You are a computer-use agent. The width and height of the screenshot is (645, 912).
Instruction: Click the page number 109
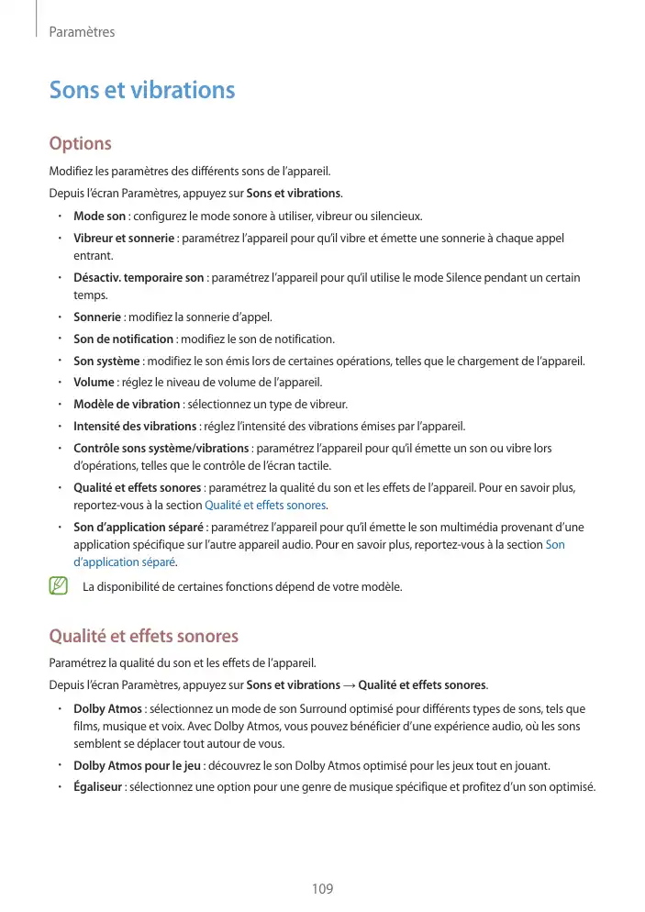(322, 889)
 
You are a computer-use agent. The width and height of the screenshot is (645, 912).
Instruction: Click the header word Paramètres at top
(82, 32)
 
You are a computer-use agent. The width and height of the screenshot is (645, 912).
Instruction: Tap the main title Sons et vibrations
(142, 90)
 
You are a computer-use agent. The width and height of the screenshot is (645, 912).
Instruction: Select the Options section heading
(81, 144)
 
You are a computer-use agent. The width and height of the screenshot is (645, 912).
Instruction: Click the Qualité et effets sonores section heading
(143, 636)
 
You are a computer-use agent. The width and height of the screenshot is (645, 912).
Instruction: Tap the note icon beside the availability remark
(60, 585)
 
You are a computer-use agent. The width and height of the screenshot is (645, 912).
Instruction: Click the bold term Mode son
(99, 217)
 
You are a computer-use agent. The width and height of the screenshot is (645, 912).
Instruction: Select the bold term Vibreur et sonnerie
(124, 239)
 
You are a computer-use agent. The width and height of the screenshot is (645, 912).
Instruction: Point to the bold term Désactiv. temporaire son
(139, 277)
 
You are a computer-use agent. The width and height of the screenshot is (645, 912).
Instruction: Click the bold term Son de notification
(124, 339)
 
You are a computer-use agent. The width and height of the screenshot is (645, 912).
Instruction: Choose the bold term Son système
(106, 361)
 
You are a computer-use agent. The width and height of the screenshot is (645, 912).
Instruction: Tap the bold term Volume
(94, 382)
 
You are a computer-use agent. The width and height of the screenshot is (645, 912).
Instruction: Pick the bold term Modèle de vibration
(127, 404)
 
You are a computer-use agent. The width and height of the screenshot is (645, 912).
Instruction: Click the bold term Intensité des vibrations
(135, 426)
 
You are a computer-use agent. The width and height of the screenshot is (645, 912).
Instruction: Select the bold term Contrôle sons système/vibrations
(161, 448)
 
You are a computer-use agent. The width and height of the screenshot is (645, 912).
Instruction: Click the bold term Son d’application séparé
(139, 528)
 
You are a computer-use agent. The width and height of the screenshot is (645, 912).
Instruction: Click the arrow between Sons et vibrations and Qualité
(349, 685)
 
